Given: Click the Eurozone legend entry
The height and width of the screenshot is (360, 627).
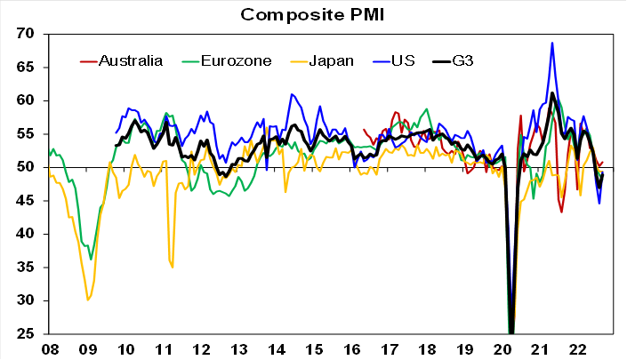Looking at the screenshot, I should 228,60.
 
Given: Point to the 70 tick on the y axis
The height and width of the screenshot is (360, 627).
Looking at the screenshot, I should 24,34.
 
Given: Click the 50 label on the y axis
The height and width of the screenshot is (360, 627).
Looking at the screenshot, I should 24,167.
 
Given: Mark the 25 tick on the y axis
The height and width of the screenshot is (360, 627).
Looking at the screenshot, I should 24,334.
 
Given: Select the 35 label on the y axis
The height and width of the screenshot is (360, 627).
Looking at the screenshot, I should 24,268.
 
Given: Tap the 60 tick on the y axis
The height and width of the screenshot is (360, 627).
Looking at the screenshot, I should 24,100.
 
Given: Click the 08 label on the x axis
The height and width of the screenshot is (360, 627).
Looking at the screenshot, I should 49,349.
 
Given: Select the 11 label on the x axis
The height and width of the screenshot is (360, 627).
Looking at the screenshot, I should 164,349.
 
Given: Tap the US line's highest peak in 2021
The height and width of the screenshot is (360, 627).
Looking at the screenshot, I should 552,43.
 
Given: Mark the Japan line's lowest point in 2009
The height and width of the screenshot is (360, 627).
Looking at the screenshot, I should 87,300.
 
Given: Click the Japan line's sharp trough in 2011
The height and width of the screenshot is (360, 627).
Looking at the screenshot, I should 173,266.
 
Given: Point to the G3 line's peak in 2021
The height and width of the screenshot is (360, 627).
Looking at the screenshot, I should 552,92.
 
